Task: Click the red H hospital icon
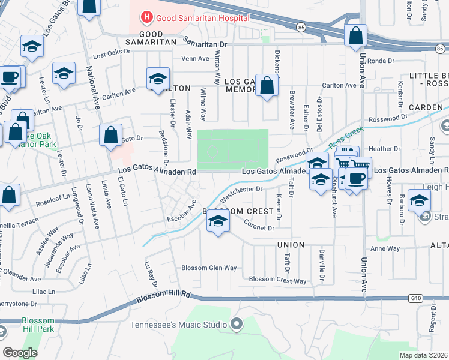tap(145, 19)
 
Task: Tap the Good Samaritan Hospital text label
tap(194, 19)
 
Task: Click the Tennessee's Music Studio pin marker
tap(237, 325)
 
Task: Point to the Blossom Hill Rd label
tap(163, 296)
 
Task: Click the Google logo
tap(20, 353)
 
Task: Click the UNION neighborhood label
tap(291, 245)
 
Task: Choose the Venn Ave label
tap(194, 59)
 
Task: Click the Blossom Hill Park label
tap(38, 325)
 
